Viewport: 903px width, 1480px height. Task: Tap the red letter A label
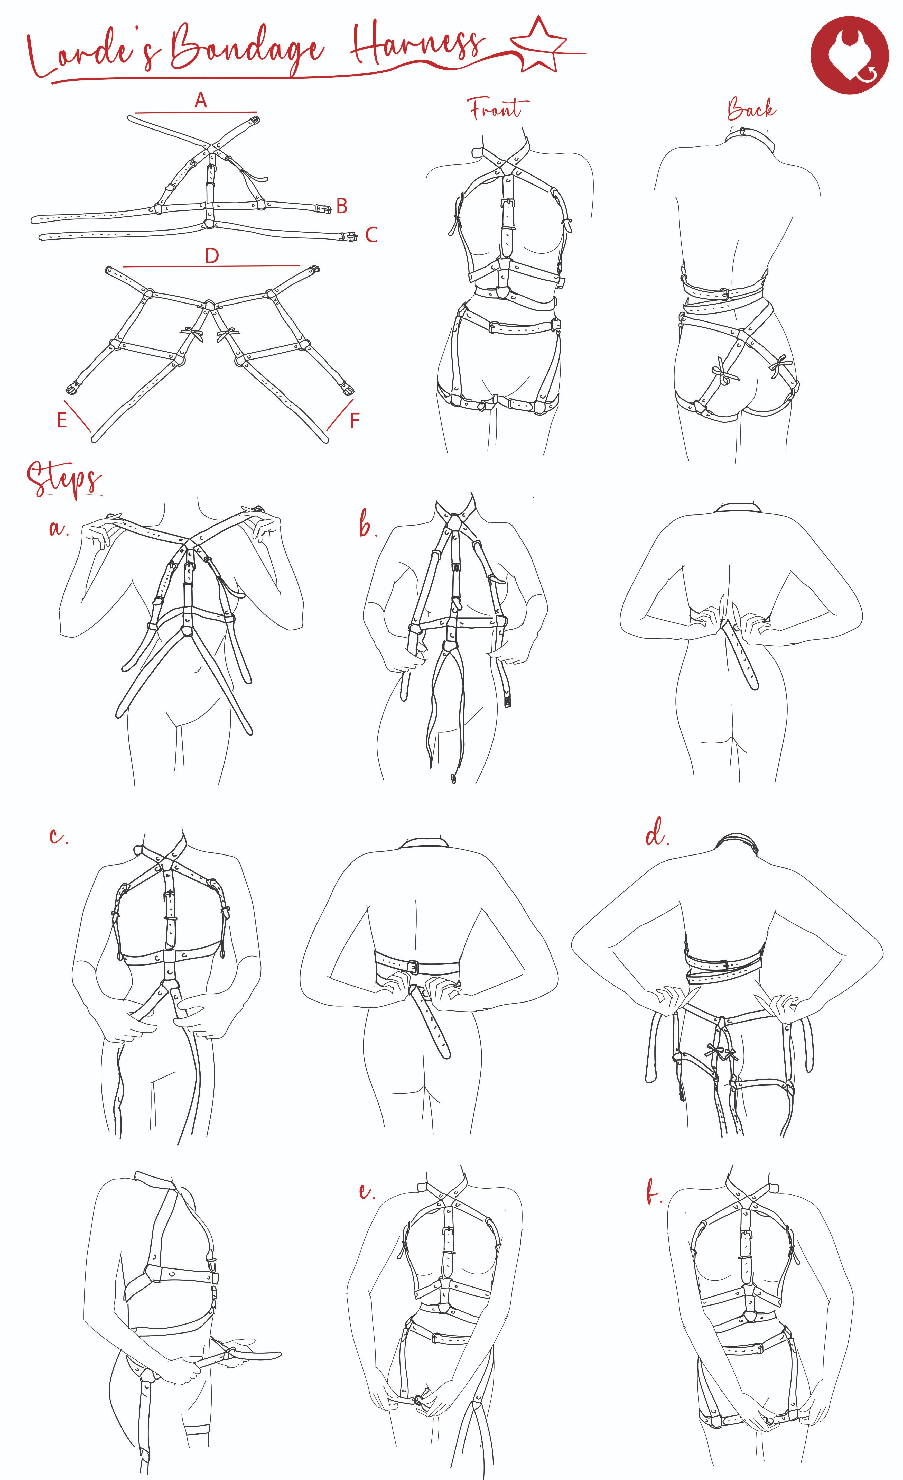(x=201, y=100)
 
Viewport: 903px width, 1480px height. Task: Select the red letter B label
(x=342, y=206)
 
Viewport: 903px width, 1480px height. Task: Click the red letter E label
(x=61, y=420)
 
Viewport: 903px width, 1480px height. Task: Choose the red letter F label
(x=355, y=420)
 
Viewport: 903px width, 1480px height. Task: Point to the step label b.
(x=367, y=526)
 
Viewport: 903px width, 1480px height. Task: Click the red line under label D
(x=211, y=265)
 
